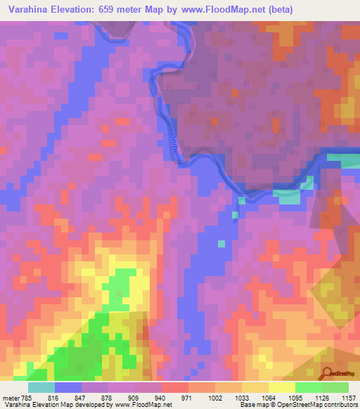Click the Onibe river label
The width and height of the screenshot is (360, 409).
click(x=172, y=138)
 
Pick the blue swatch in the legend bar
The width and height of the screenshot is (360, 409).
click(x=69, y=387)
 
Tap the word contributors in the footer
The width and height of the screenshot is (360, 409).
click(x=340, y=405)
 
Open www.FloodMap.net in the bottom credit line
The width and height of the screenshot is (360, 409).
click(x=141, y=405)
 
